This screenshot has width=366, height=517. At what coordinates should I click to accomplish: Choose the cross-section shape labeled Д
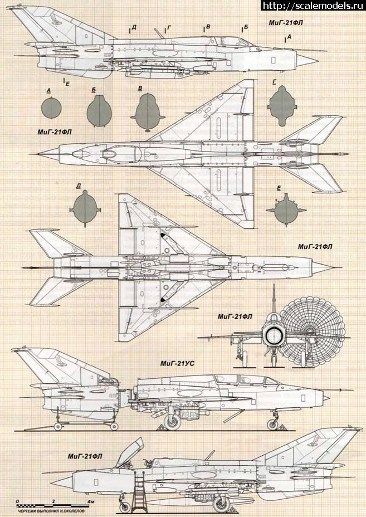[x=85, y=207]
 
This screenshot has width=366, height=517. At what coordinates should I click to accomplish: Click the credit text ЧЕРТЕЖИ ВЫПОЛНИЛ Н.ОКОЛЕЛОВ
[x=48, y=511]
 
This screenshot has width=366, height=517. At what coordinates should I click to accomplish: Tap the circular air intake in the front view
[x=273, y=335]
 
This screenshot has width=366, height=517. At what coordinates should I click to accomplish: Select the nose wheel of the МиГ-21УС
[x=272, y=424]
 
